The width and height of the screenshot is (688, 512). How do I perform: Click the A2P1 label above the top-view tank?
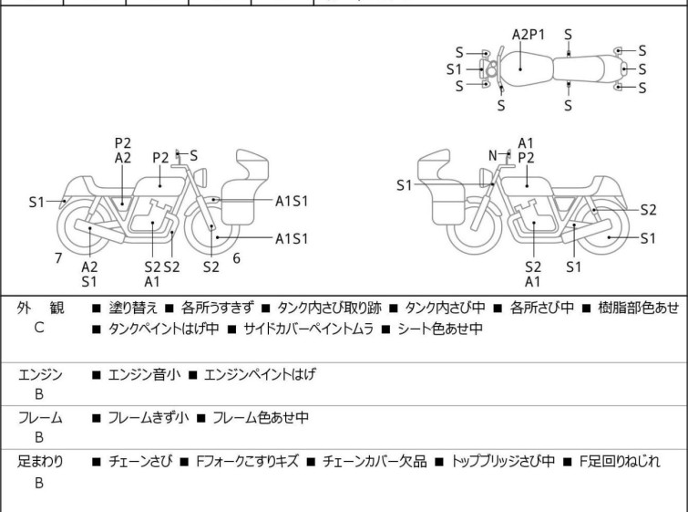[528, 35]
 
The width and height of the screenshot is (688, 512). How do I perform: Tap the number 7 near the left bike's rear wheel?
[58, 258]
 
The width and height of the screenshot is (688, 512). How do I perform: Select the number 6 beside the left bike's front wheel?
[237, 258]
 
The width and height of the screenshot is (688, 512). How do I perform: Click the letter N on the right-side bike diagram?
[493, 156]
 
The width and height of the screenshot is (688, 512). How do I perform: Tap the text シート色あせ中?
[439, 329]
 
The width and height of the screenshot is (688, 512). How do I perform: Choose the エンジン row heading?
[40, 373]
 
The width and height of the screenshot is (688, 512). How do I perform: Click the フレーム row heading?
[40, 418]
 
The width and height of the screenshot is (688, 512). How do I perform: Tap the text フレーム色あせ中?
[261, 418]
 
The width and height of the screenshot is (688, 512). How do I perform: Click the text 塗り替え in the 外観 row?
[133, 308]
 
